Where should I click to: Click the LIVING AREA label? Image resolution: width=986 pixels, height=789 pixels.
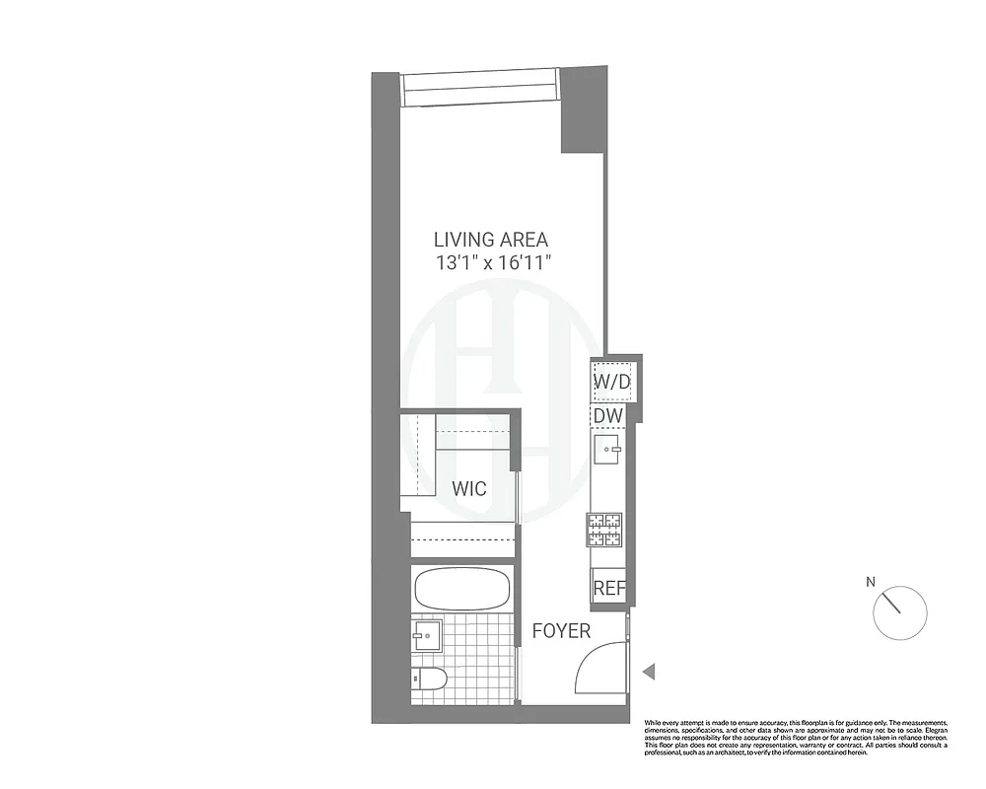[491, 239]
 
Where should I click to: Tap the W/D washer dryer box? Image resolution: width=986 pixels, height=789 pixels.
[611, 380]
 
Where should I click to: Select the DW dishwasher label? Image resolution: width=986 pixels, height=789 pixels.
[608, 417]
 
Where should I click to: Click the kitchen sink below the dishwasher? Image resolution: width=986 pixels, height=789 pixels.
[607, 455]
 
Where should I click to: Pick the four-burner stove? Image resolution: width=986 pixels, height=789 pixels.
[605, 530]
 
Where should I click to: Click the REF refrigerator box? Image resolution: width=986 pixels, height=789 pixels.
[608, 588]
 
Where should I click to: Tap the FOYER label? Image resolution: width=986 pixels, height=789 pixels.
[561, 631]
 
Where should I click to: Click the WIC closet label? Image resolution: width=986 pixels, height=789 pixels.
[469, 488]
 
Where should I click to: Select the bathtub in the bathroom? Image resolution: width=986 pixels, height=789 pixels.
[462, 590]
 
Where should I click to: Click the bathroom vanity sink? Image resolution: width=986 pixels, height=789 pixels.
[428, 634]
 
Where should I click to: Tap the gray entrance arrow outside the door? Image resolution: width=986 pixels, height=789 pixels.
[649, 672]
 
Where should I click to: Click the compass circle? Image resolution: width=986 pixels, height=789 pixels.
[900, 611]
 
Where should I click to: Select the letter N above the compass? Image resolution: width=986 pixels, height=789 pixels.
[871, 582]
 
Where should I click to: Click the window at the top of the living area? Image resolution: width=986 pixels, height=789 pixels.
[480, 90]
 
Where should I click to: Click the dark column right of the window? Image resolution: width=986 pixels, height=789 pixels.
[584, 108]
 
